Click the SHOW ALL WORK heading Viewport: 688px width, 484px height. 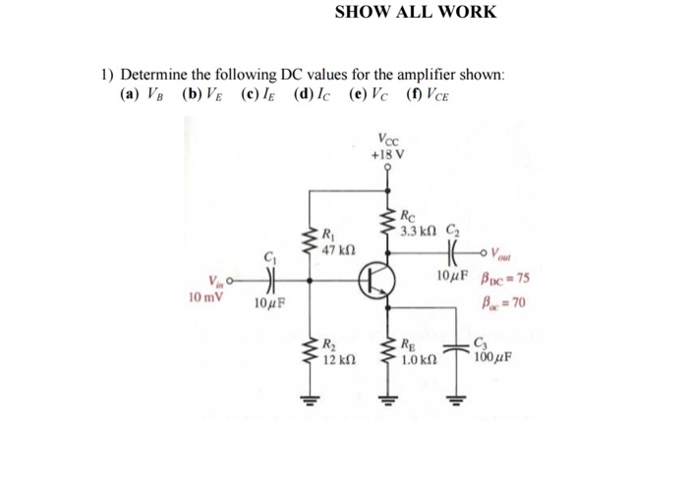416,13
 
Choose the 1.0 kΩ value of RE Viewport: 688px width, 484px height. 417,360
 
